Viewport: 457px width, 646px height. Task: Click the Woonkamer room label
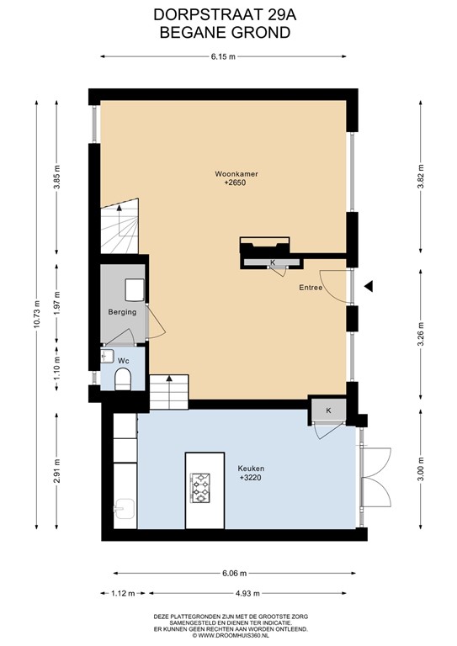point(236,174)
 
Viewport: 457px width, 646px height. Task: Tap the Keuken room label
point(251,469)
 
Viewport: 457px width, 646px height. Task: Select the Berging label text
point(122,312)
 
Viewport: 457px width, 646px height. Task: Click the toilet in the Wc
point(123,379)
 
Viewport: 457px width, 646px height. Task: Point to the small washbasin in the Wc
point(107,357)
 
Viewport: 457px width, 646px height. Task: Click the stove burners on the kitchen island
point(200,488)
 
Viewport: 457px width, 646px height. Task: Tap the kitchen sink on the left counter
point(124,509)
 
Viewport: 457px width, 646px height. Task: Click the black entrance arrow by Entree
point(369,286)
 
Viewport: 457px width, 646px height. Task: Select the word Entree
point(311,288)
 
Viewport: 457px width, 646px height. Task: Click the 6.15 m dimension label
point(223,57)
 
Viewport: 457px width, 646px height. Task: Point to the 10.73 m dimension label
point(37,315)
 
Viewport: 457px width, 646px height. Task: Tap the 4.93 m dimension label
point(247,594)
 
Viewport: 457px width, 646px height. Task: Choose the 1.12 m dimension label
point(123,594)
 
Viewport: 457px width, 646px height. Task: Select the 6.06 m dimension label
point(234,573)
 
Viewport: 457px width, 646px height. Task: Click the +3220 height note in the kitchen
point(251,478)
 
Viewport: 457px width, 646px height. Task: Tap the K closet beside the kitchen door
point(328,410)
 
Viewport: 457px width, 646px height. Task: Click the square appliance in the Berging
point(135,289)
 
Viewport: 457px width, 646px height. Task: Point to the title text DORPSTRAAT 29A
point(225,15)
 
